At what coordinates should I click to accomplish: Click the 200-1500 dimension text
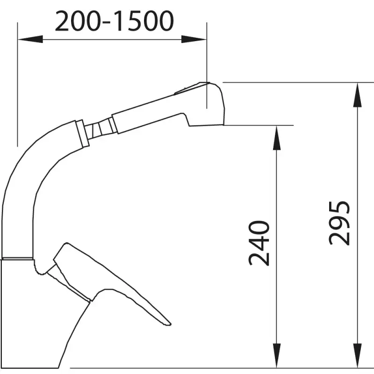coord(114,21)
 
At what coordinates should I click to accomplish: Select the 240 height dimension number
coord(259,243)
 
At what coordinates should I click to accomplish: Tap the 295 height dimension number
coord(339,223)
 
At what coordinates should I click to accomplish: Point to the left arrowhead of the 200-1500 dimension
coord(30,39)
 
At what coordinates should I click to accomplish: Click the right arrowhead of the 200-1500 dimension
coord(194,39)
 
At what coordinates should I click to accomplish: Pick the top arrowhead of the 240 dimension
coord(276,138)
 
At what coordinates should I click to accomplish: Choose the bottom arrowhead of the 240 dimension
coord(276,355)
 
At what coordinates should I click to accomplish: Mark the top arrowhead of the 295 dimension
coord(357,95)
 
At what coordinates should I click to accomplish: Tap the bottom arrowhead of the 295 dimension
coord(357,355)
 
